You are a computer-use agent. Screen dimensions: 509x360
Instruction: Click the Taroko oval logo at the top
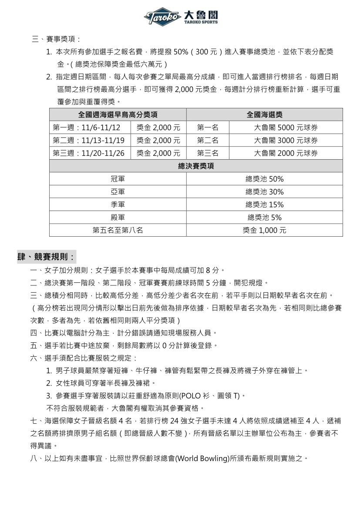[163, 17]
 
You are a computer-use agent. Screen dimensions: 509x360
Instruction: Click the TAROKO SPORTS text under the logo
[201, 22]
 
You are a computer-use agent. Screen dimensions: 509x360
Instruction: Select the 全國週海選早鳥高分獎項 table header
[118, 115]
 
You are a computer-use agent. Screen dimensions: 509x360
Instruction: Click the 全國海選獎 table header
[264, 115]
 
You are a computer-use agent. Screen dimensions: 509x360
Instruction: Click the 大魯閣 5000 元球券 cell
[286, 127]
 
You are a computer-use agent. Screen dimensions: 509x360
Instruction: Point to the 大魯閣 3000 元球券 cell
[286, 141]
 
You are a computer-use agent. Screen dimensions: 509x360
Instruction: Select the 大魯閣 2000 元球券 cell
[286, 153]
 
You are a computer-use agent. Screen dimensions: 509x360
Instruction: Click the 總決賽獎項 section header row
[196, 166]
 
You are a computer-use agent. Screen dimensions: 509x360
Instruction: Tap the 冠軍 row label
[118, 179]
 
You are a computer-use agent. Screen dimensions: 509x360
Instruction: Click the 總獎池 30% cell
[264, 192]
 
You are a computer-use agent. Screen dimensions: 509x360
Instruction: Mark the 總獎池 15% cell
[264, 204]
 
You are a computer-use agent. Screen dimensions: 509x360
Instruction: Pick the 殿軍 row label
[118, 218]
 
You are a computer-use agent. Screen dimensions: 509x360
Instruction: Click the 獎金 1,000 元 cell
[264, 230]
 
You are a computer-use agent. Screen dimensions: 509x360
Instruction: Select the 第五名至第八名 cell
[118, 230]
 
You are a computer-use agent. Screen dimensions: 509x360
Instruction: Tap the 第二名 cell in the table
[208, 141]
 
